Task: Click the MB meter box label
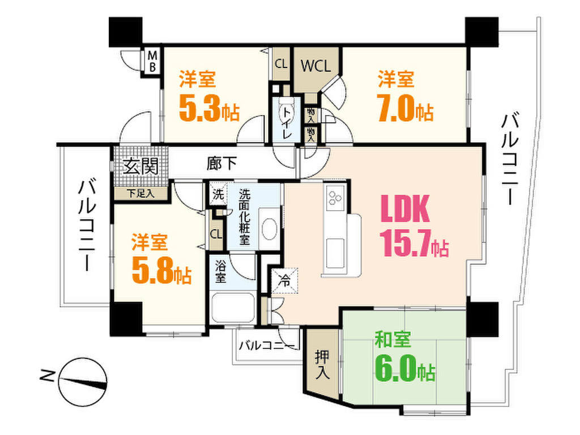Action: [152, 61]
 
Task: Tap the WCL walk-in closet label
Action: [315, 66]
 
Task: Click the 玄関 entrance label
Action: [140, 166]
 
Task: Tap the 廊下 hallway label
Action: [221, 163]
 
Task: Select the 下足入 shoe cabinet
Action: [140, 193]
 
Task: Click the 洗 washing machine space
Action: [217, 195]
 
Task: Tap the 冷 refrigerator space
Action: [284, 281]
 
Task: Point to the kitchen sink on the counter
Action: [335, 253]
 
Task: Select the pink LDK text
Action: [405, 208]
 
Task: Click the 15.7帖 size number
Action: [414, 242]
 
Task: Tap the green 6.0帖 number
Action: [405, 368]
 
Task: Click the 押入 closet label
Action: [322, 364]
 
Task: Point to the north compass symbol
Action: [83, 381]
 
